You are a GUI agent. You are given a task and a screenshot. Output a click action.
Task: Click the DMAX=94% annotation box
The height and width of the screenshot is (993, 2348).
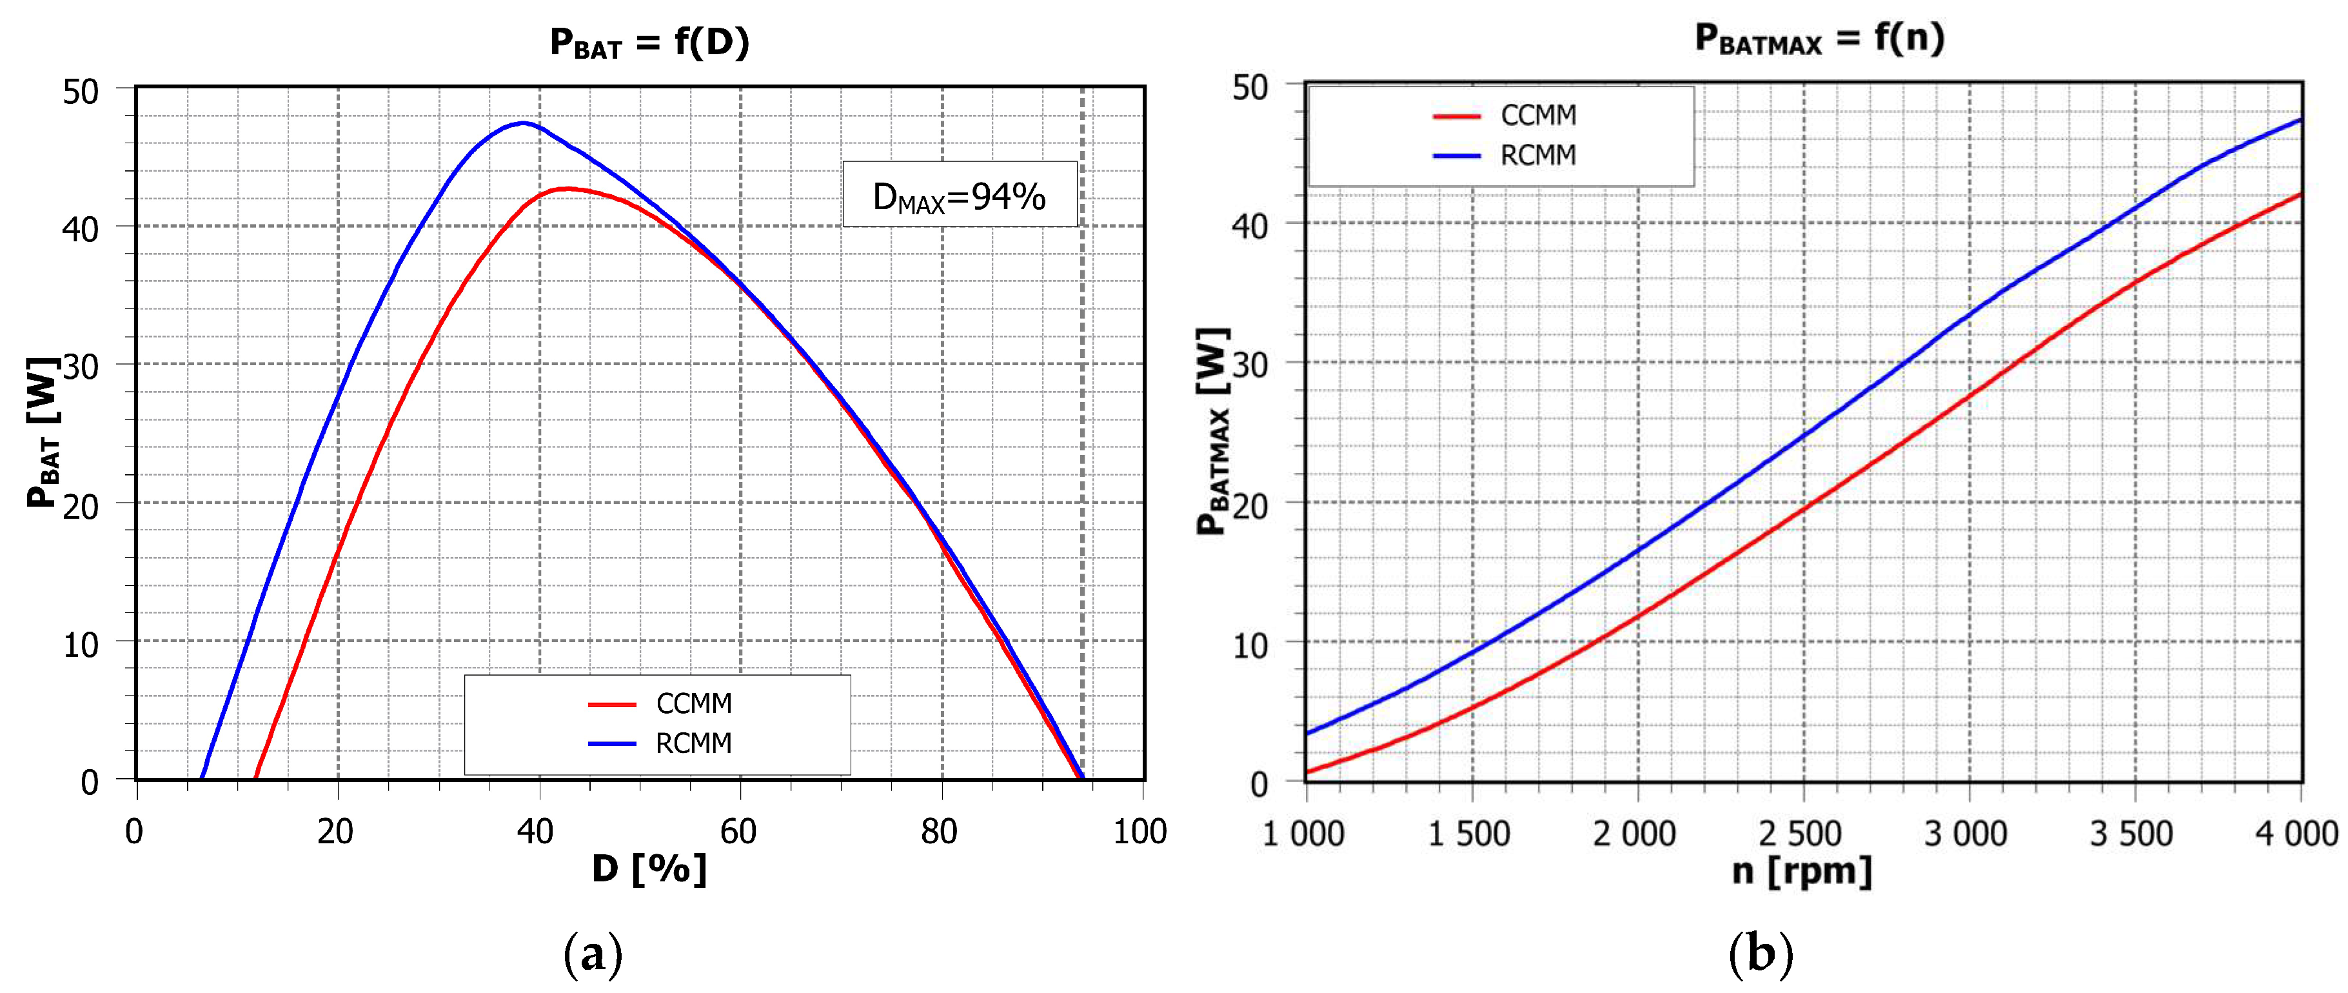[959, 194]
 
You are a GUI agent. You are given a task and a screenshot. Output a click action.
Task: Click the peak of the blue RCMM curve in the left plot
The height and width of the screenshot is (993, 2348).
[523, 123]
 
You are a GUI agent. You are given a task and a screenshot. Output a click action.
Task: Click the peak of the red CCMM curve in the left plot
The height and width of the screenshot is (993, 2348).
[567, 189]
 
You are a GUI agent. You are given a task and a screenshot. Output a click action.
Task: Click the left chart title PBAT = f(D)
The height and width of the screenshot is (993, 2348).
[649, 43]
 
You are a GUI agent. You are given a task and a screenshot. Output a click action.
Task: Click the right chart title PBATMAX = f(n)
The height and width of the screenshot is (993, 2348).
[1819, 38]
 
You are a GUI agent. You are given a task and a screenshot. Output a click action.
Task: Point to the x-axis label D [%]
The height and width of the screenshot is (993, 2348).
[649, 868]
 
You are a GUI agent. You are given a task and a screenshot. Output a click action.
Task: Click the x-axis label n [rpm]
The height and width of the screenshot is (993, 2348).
[1802, 871]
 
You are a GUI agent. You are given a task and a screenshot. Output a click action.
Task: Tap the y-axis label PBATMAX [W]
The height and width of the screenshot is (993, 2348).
[1213, 430]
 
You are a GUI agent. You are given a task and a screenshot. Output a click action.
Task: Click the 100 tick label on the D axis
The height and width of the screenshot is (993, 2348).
[1139, 832]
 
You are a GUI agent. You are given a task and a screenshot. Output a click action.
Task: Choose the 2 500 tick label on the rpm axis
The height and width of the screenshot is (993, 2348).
[1800, 834]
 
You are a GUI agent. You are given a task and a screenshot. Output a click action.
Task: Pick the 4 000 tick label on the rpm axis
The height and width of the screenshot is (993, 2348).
[2295, 834]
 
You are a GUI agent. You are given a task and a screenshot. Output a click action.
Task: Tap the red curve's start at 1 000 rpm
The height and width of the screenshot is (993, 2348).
[1308, 772]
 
